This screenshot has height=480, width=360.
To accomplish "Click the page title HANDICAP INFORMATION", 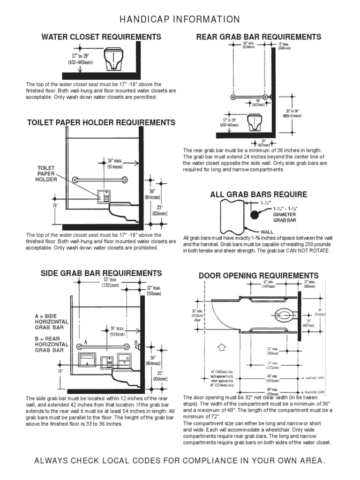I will pyautogui.click(x=180, y=19).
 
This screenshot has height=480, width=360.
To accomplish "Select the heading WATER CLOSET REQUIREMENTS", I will pyautogui.click(x=101, y=37).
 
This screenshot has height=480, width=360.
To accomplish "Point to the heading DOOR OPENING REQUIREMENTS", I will pyautogui.click(x=259, y=276).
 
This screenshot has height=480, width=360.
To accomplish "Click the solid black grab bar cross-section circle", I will pyautogui.click(x=255, y=215).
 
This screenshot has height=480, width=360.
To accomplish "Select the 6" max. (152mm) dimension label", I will pyautogui.click(x=285, y=46).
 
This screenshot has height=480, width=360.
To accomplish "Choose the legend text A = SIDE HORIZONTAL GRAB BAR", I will pyautogui.click(x=52, y=322).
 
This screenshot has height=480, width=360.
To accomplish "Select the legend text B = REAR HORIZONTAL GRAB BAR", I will pyautogui.click(x=52, y=344).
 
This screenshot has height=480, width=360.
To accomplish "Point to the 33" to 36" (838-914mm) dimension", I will pyautogui.click(x=293, y=113).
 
